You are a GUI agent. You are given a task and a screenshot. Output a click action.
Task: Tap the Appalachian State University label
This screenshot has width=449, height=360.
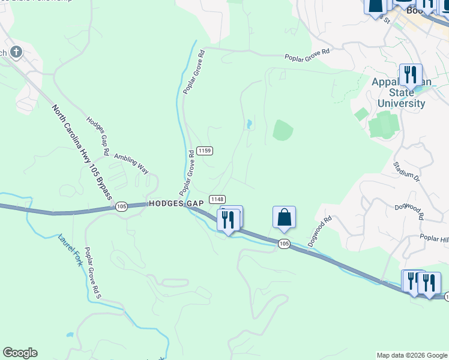(x=401, y=92)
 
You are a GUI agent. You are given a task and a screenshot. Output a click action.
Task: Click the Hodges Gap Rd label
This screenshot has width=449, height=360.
(x=97, y=136)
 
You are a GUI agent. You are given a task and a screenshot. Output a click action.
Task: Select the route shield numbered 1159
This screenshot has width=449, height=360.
(x=204, y=151)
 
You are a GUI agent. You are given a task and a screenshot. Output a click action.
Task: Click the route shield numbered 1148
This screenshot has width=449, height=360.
(x=217, y=199)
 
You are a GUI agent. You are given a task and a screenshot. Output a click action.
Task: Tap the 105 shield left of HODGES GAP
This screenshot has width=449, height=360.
(x=121, y=206)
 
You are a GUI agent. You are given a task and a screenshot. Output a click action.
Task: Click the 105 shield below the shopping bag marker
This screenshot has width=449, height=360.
(x=284, y=243)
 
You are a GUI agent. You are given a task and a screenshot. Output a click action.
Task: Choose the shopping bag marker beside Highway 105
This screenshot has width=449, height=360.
(x=284, y=217)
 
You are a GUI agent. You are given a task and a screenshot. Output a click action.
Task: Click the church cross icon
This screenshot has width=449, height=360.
(x=16, y=52)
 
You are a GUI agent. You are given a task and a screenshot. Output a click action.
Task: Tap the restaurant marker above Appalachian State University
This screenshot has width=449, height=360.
(x=410, y=74)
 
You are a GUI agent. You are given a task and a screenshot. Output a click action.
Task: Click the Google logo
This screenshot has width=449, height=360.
(x=20, y=353)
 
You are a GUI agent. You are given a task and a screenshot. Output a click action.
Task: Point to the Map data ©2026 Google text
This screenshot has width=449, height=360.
(x=412, y=355)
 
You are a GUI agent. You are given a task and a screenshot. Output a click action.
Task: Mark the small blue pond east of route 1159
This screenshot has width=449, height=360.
(x=248, y=124)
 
